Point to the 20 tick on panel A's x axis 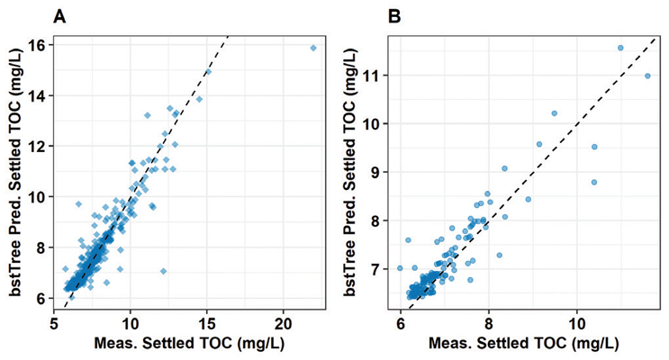click(284, 319)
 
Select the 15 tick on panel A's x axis click(207, 319)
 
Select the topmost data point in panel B click(620, 48)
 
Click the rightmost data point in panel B click(646, 76)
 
